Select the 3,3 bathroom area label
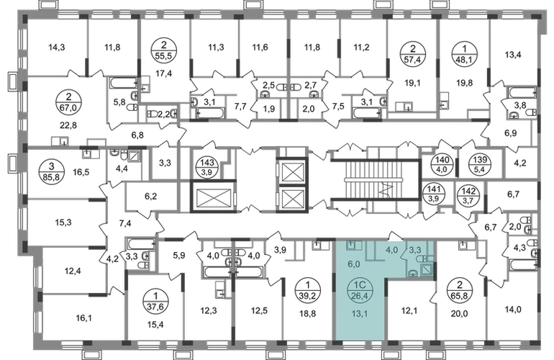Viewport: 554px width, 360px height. (417, 251)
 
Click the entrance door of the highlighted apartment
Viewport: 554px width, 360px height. (393, 237)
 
